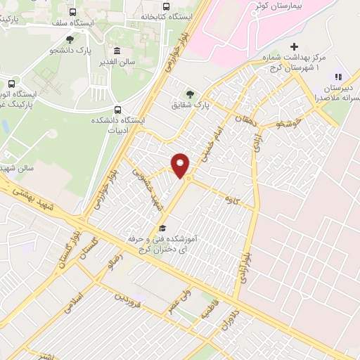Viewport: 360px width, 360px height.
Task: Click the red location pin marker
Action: tap(181, 165)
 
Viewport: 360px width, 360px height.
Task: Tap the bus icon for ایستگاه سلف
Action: tap(72, 12)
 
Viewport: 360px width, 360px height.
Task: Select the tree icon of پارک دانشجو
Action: tap(69, 39)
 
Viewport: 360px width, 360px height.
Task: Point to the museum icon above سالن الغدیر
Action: tap(117, 51)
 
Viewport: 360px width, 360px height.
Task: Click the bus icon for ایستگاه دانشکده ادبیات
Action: tap(117, 110)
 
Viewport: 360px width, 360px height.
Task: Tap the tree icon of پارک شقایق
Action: tap(191, 94)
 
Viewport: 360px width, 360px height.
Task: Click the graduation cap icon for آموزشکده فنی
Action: tap(162, 227)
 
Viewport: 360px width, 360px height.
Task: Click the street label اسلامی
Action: tap(72, 303)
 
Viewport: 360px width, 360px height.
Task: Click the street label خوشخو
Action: tap(289, 124)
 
